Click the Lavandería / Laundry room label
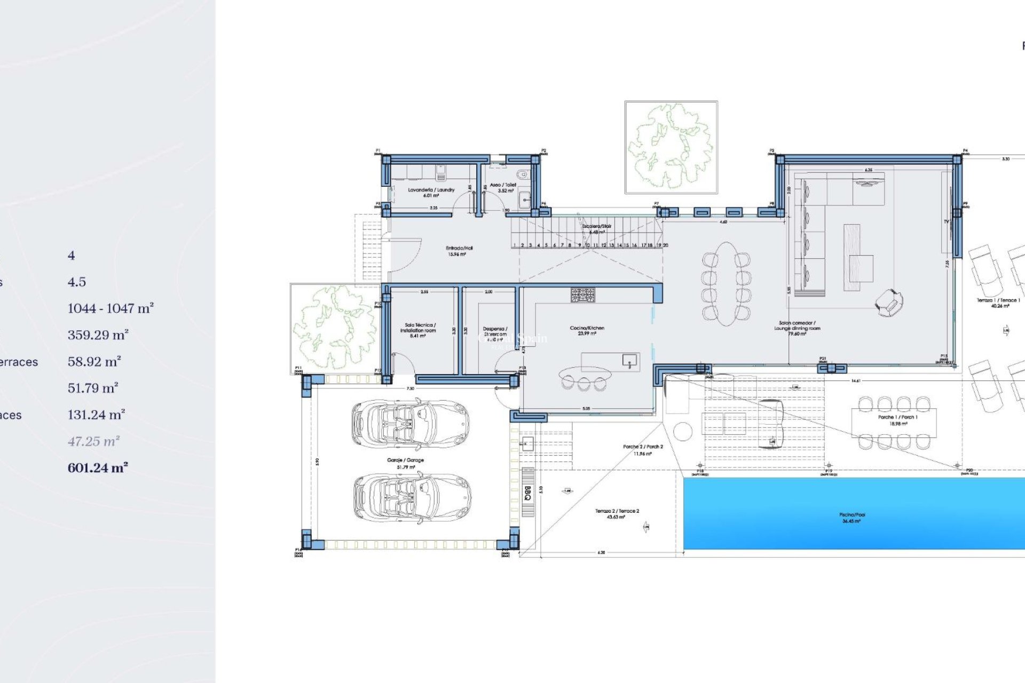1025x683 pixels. click(431, 192)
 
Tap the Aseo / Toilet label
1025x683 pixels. click(503, 187)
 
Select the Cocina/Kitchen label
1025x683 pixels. click(587, 330)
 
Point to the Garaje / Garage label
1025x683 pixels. click(405, 463)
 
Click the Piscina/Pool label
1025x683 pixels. click(852, 518)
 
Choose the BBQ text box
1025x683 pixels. click(527, 493)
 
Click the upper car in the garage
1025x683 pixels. click(410, 425)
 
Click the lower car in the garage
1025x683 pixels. click(412, 497)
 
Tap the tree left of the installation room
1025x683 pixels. click(335, 328)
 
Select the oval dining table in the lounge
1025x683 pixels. click(727, 283)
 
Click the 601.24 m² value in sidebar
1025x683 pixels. click(98, 468)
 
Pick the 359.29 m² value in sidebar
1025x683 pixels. click(98, 335)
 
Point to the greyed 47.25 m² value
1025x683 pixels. click(93, 441)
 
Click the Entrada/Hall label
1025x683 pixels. click(459, 251)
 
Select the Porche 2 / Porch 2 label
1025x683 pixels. click(643, 450)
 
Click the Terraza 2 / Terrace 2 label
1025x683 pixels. click(617, 514)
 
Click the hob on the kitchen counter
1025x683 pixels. click(582, 295)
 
